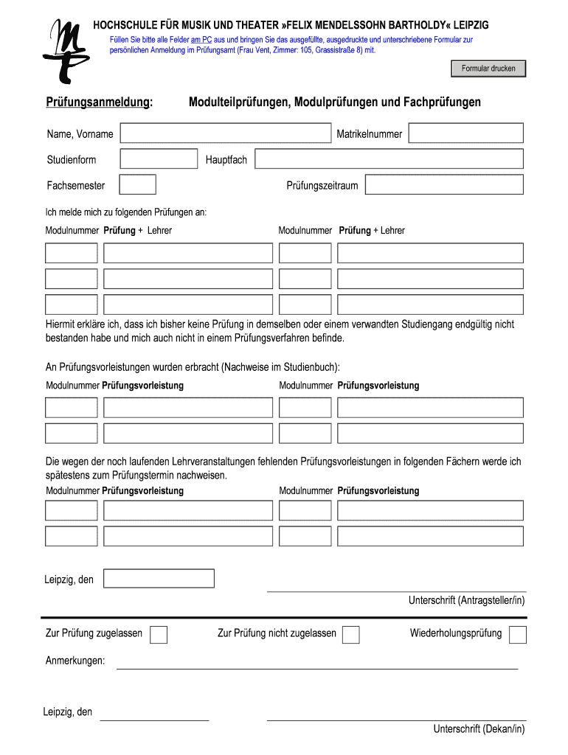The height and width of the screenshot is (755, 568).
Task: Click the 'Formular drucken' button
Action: (x=488, y=69)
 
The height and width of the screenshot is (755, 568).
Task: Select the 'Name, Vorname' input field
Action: (x=226, y=133)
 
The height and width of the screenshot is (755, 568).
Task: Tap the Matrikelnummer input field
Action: (x=465, y=133)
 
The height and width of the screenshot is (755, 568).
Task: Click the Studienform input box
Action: (x=159, y=159)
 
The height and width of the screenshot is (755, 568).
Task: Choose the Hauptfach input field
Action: (x=388, y=159)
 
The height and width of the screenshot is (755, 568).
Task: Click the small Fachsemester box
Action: (x=137, y=185)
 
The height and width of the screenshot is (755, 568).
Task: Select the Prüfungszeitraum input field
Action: (x=444, y=185)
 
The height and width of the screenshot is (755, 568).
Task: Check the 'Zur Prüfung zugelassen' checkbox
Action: (x=159, y=634)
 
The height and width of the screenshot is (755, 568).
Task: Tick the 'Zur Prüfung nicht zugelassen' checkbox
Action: (x=351, y=634)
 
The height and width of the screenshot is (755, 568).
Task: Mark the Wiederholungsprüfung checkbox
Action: (x=518, y=634)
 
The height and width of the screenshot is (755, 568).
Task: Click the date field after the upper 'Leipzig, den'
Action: (x=159, y=579)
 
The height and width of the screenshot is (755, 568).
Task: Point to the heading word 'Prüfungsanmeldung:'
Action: (x=100, y=102)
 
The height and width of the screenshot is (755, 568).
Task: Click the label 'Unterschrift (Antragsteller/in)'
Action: (x=466, y=601)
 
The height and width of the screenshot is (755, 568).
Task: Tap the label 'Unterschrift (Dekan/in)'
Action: (x=479, y=729)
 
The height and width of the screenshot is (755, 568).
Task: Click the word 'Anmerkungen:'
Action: (x=75, y=661)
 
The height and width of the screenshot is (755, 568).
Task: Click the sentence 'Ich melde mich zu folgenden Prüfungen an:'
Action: (x=126, y=212)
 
